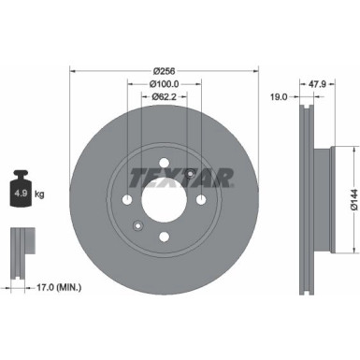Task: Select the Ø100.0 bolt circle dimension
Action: pos(165,82)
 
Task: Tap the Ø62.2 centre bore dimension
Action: pos(165,95)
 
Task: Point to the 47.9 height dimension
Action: pos(316,82)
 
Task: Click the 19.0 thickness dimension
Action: pos(279,95)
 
